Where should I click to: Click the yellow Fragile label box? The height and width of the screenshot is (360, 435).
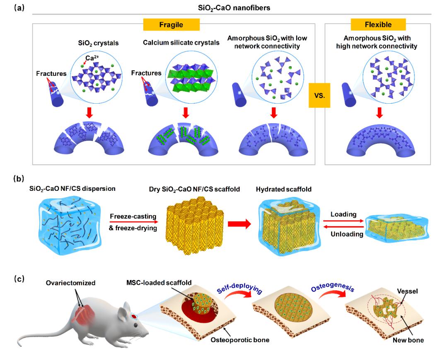[x=174, y=25]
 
